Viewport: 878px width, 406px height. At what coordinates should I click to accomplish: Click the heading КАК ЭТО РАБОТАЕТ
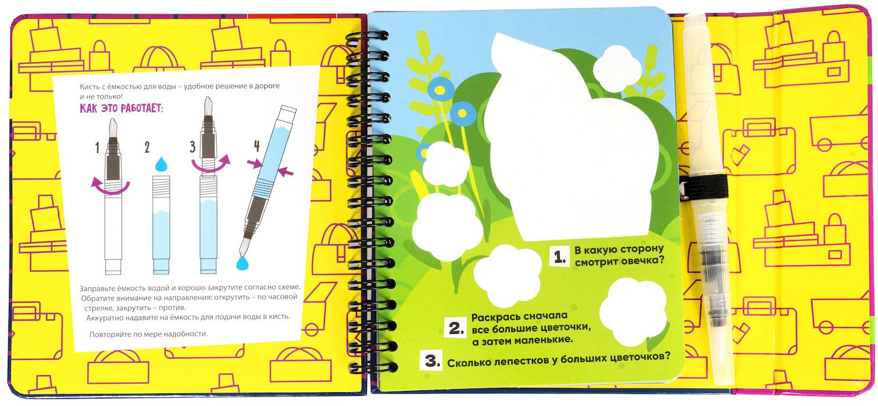122,108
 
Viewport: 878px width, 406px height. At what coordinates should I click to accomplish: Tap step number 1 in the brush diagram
97,148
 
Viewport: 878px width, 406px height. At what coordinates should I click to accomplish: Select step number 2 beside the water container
146,148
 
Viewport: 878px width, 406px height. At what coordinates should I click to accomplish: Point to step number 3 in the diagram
192,147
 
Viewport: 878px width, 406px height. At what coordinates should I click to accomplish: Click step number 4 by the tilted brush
257,146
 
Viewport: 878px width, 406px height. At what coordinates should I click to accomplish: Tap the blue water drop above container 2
161,164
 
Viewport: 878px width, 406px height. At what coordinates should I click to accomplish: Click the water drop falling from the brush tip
243,263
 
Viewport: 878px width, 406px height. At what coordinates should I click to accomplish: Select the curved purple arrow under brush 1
110,187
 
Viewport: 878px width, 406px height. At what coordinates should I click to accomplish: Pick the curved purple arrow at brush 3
211,164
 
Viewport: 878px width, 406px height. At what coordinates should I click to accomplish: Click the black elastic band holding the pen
705,187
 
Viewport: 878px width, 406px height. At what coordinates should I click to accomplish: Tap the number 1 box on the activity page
559,257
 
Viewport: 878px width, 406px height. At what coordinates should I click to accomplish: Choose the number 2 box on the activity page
456,327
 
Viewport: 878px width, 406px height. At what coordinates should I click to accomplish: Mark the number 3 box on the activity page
431,360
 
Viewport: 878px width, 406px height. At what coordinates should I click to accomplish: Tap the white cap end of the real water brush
694,22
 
